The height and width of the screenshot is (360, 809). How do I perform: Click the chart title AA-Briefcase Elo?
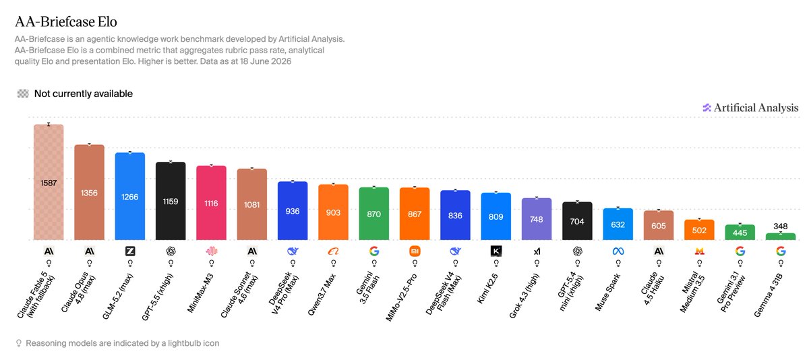[x=66, y=22]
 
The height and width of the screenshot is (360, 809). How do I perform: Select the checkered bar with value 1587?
[x=49, y=182]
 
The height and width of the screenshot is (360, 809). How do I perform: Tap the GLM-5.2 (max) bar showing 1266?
[x=130, y=196]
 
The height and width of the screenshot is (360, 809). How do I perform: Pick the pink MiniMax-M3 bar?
[x=211, y=202]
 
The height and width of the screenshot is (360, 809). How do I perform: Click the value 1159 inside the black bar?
[x=171, y=202]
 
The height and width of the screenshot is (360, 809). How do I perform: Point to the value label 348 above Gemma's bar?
[x=781, y=227]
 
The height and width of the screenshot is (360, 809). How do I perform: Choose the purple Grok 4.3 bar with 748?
[x=537, y=219]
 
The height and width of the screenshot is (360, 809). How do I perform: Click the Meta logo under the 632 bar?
[x=618, y=251]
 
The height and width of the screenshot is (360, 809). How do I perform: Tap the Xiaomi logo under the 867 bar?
[x=415, y=251]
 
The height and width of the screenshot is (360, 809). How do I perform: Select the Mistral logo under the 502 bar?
[x=699, y=251]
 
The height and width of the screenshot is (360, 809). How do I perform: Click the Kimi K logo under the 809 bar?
[x=496, y=251]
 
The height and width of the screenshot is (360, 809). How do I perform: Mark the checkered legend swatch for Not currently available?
[x=23, y=94]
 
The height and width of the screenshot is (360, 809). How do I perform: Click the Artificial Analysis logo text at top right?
[x=756, y=108]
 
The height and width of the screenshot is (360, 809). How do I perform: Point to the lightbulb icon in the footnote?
[x=19, y=343]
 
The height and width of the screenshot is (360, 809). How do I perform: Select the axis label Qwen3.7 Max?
[x=322, y=295]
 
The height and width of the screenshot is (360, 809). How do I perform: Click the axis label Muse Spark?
[x=607, y=292]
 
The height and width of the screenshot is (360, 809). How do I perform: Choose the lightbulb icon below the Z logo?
[x=130, y=263]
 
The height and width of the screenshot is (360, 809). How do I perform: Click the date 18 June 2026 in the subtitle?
[x=266, y=61]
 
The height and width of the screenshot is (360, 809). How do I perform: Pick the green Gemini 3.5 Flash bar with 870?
[x=374, y=214]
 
